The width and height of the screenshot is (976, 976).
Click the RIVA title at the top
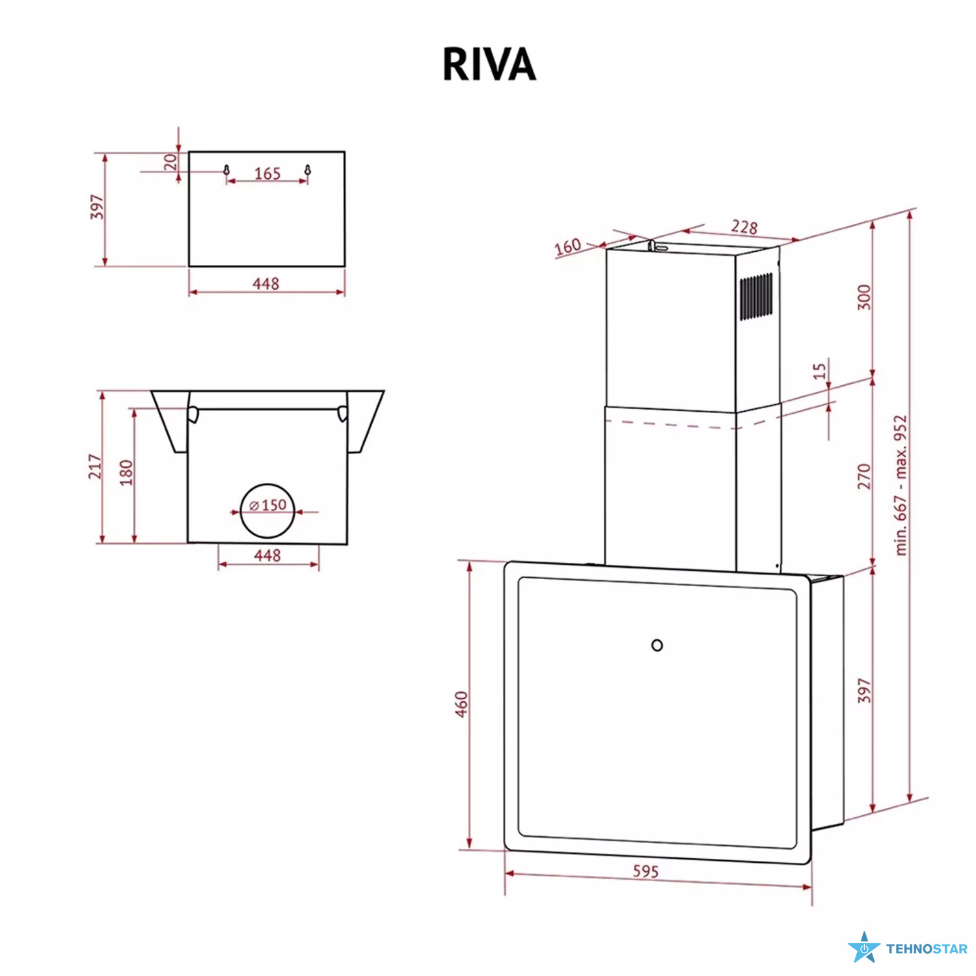click(489, 64)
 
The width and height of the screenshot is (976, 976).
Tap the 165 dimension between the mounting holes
click(267, 174)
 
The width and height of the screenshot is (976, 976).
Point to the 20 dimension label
click(170, 161)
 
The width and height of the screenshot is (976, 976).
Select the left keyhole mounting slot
click(226, 170)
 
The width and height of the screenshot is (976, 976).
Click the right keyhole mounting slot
click(308, 170)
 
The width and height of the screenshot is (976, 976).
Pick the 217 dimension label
click(96, 467)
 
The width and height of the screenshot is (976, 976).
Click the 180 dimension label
click(126, 472)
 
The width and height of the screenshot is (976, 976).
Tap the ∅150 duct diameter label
click(268, 505)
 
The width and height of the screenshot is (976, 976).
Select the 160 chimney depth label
click(567, 247)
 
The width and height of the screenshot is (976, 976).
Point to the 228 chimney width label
click(744, 226)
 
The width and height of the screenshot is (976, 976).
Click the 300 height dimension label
click(863, 297)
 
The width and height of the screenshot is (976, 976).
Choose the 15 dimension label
click(819, 370)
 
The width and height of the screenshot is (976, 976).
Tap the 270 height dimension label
click(863, 476)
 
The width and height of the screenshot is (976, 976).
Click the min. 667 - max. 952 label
click(901, 485)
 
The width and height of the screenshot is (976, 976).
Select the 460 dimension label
click(461, 704)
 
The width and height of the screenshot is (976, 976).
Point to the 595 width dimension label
click(645, 871)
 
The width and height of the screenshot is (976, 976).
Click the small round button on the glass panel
click(657, 645)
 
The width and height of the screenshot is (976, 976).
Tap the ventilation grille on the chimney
click(756, 296)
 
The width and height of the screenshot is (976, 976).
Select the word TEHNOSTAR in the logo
click(927, 949)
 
